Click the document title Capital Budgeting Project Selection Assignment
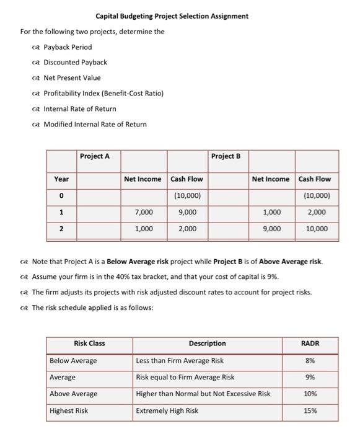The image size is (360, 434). (172, 16)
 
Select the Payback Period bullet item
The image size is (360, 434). (67, 47)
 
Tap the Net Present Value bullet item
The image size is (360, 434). (71, 77)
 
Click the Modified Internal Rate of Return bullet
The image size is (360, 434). (95, 124)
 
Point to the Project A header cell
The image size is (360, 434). (95, 156)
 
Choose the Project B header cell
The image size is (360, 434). (226, 156)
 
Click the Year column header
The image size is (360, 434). (61, 179)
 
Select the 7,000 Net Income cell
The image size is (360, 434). (144, 212)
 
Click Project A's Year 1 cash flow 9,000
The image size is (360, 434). (187, 212)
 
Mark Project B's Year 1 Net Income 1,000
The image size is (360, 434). (271, 212)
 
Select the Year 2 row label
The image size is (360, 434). (61, 229)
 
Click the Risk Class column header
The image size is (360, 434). (89, 343)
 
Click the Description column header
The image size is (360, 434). (207, 343)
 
